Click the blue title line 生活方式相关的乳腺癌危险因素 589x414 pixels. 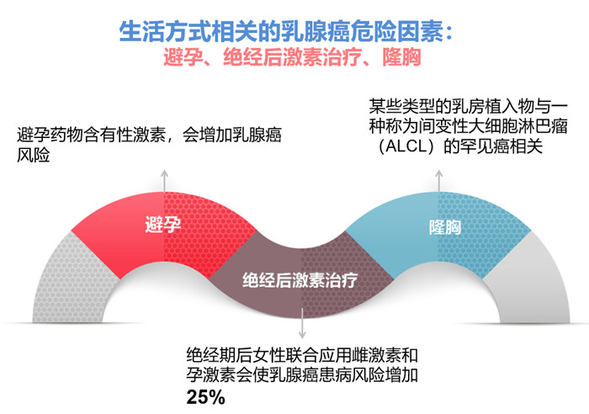pyautogui.click(x=285, y=31)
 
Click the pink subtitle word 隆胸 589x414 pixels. pyautogui.click(x=401, y=57)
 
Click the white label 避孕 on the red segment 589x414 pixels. pyautogui.click(x=163, y=225)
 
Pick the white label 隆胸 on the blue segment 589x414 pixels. pyautogui.click(x=445, y=227)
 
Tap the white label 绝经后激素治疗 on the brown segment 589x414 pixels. pyautogui.click(x=300, y=280)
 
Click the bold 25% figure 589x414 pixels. pyautogui.click(x=205, y=397)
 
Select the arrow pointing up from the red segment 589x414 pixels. pyautogui.click(x=164, y=181)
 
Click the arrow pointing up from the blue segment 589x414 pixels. pyautogui.click(x=438, y=181)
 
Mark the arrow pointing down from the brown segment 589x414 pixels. pyautogui.click(x=302, y=323)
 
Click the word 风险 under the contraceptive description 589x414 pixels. pyautogui.click(x=33, y=155)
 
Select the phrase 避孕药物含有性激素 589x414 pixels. pyautogui.click(x=91, y=135)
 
